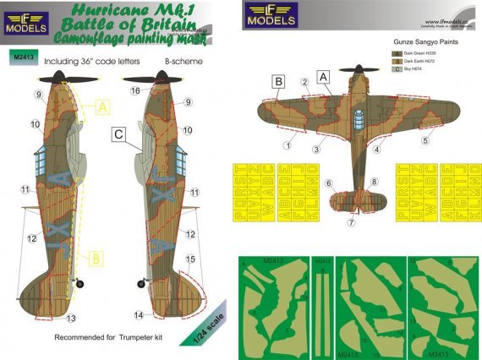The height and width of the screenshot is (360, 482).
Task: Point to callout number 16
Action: click(134, 90)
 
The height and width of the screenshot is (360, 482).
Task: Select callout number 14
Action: click(139, 314)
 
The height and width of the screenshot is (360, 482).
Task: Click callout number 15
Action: click(191, 259)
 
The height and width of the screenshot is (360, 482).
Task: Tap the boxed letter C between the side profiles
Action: click(120, 133)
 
